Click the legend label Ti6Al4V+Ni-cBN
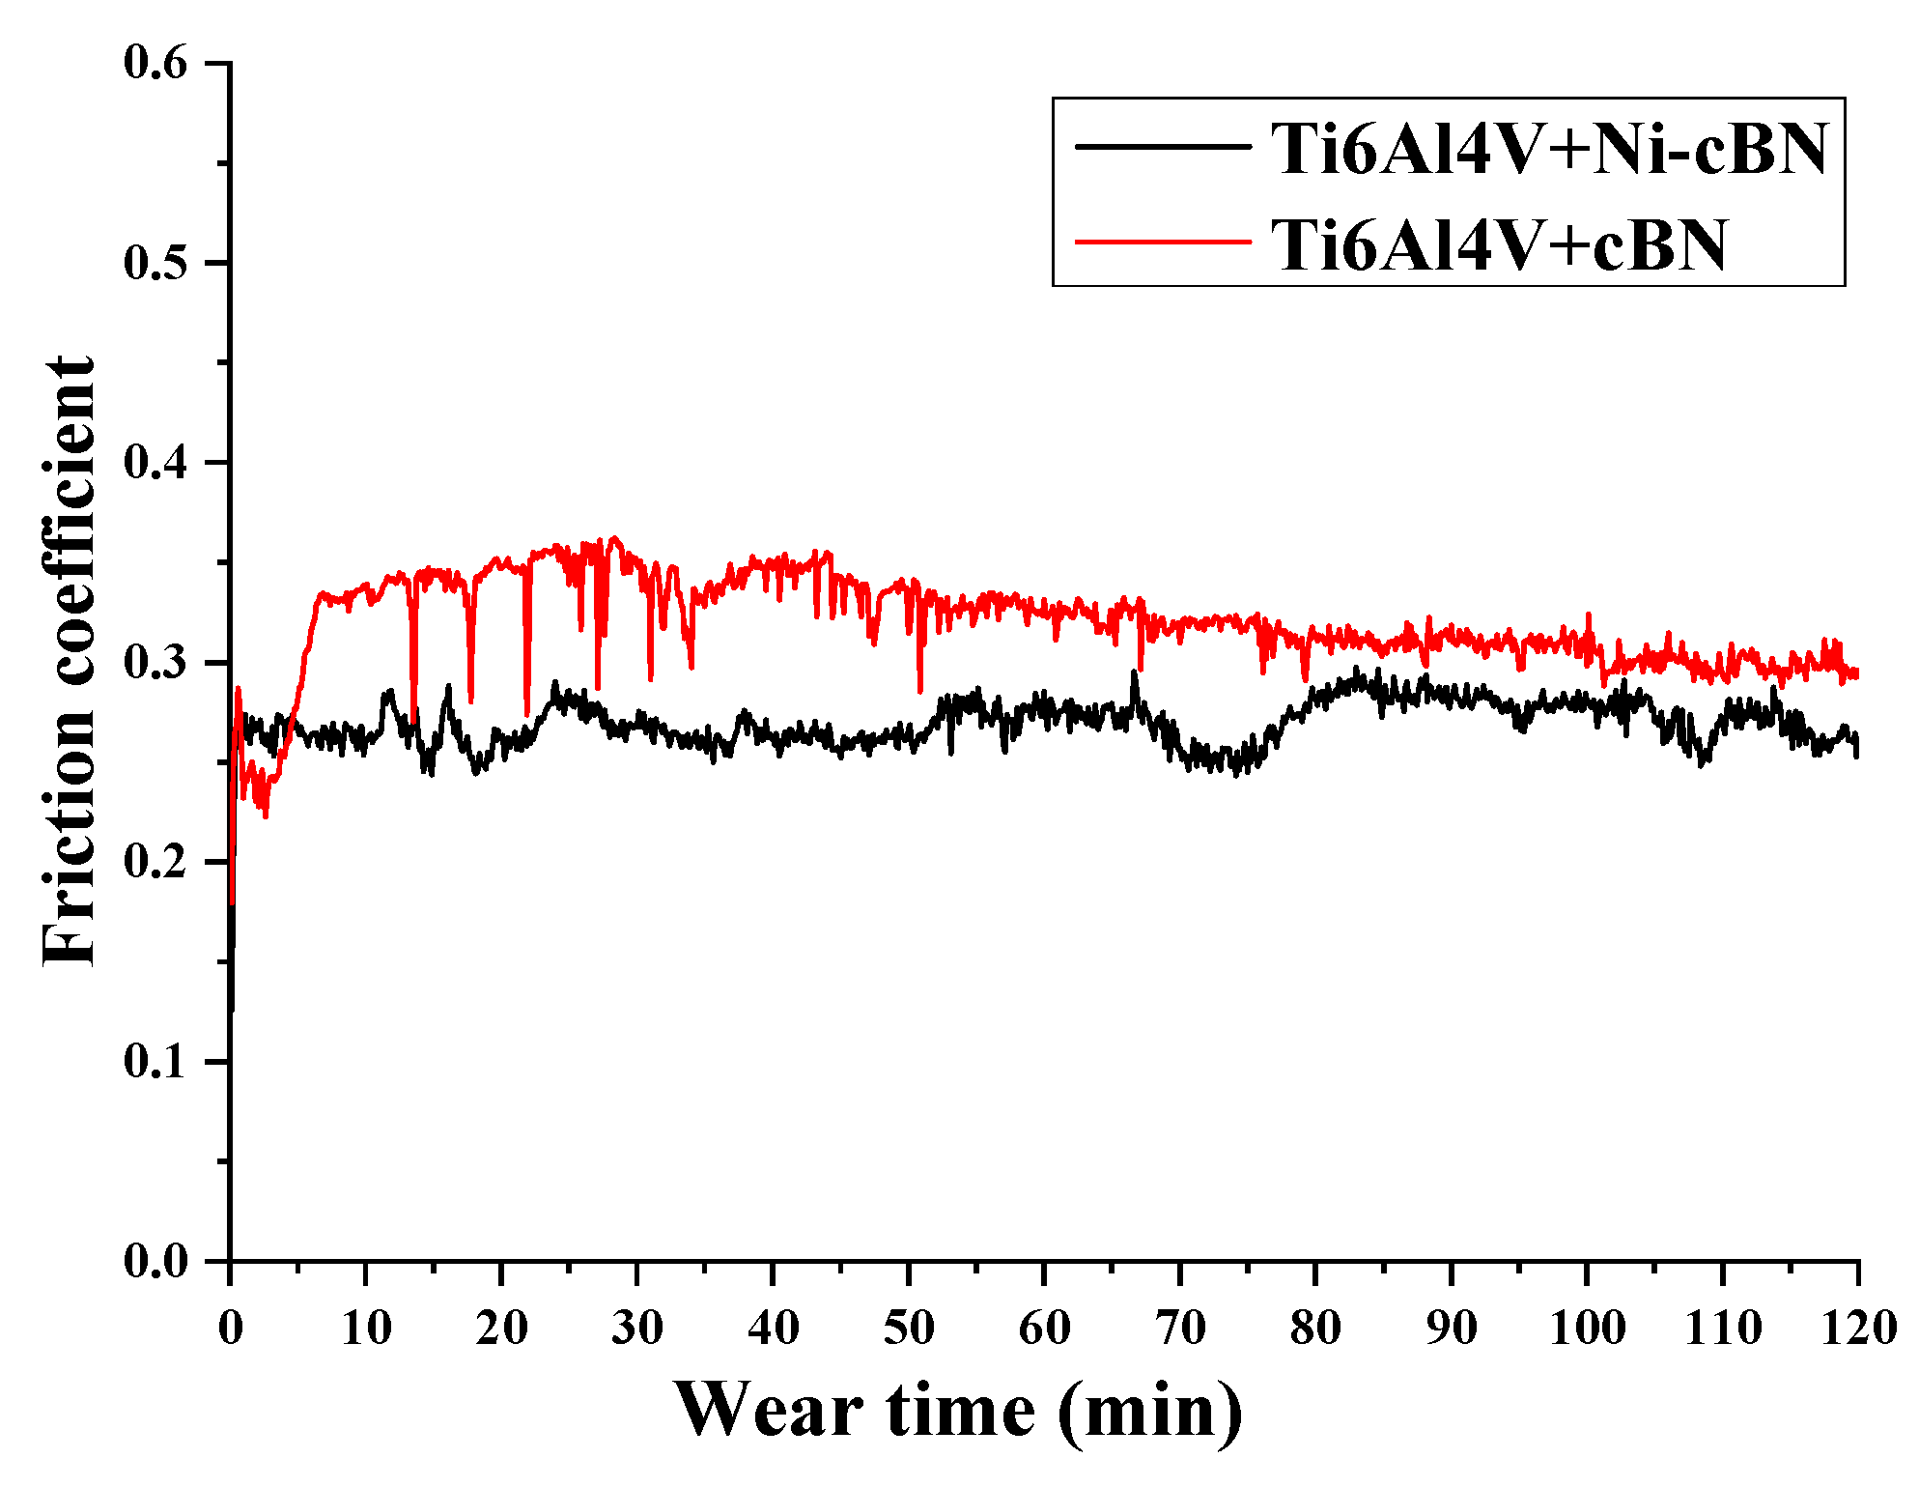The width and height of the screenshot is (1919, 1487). coord(1548,150)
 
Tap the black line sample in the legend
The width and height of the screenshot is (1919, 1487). coord(1163,147)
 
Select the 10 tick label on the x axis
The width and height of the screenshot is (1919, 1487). coord(366,1328)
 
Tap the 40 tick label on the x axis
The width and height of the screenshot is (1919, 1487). coord(774,1328)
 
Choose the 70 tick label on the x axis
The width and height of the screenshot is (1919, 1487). coord(1180,1328)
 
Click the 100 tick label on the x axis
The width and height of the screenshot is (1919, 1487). coord(1587,1328)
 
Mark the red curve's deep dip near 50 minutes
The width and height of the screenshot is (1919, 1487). coord(919,688)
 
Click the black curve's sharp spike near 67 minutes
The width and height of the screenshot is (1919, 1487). coord(1135,673)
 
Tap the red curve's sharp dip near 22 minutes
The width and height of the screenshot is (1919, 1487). coord(527,710)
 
